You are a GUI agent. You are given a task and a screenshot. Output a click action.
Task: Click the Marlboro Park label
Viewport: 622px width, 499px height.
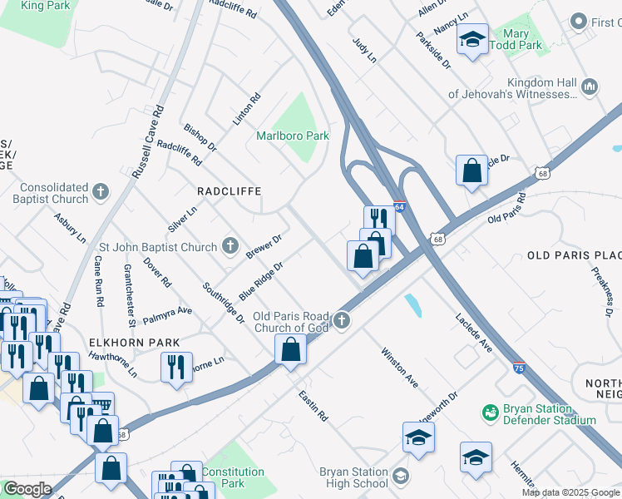[x=293, y=136]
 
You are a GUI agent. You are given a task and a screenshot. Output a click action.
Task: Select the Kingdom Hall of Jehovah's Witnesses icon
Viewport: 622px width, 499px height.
[x=590, y=86]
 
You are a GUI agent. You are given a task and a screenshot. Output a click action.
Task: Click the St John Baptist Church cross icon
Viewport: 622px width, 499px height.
[x=230, y=246]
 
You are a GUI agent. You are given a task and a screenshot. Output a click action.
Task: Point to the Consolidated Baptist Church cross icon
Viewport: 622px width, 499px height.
[x=101, y=193]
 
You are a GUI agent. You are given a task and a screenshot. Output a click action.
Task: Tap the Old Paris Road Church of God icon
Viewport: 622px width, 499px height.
[x=341, y=321]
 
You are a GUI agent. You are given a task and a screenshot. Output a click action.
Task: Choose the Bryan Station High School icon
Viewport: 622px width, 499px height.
[x=401, y=477]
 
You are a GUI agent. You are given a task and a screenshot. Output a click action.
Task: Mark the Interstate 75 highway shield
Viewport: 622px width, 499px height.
[x=518, y=367]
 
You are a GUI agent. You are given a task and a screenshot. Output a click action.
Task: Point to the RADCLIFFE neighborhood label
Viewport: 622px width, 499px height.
[x=229, y=191]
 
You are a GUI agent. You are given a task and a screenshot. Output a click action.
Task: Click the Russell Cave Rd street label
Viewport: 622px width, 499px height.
[x=148, y=141]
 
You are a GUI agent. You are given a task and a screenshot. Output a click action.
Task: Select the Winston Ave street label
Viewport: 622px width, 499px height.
[x=399, y=368]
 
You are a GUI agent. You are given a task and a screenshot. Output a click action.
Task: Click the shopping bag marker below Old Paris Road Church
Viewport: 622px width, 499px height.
[x=290, y=350]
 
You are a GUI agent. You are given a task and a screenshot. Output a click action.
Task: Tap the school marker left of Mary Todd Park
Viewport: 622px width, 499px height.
[x=472, y=41]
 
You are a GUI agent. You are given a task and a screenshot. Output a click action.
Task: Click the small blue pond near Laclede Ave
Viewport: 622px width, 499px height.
[x=413, y=305]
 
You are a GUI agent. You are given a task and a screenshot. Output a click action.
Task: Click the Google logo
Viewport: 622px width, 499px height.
[x=27, y=489]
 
